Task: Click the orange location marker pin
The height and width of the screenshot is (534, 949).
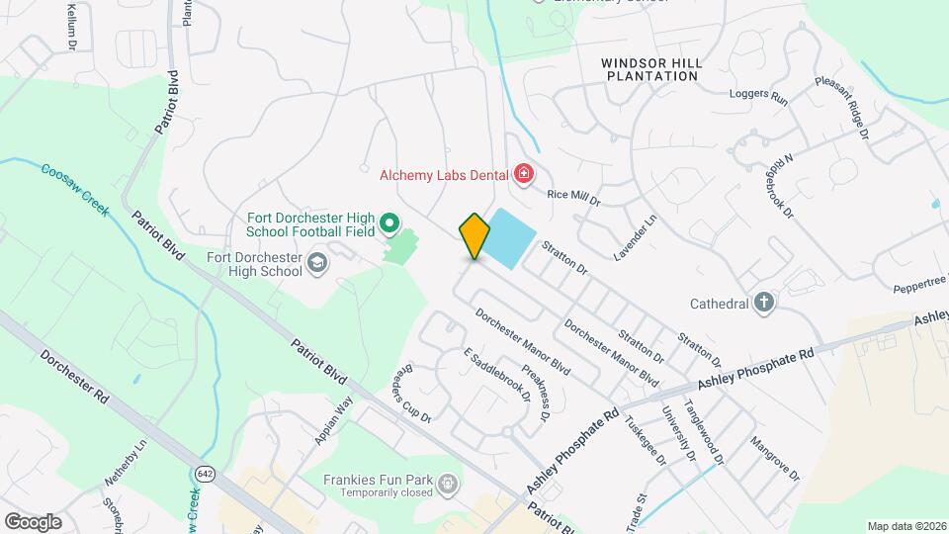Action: (474, 235)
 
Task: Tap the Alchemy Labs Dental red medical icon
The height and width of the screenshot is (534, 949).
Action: (523, 176)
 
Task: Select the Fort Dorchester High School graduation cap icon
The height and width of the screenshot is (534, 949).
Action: (316, 263)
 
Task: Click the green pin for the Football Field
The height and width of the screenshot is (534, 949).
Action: (389, 226)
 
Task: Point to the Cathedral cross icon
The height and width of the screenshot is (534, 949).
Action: (763, 304)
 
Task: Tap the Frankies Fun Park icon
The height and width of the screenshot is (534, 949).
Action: (448, 484)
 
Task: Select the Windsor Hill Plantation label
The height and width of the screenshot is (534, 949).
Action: (652, 69)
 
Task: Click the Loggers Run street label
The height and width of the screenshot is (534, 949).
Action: (757, 98)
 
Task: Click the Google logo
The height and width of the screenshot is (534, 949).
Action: (32, 521)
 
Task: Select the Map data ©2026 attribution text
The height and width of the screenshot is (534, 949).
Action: (906, 526)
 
